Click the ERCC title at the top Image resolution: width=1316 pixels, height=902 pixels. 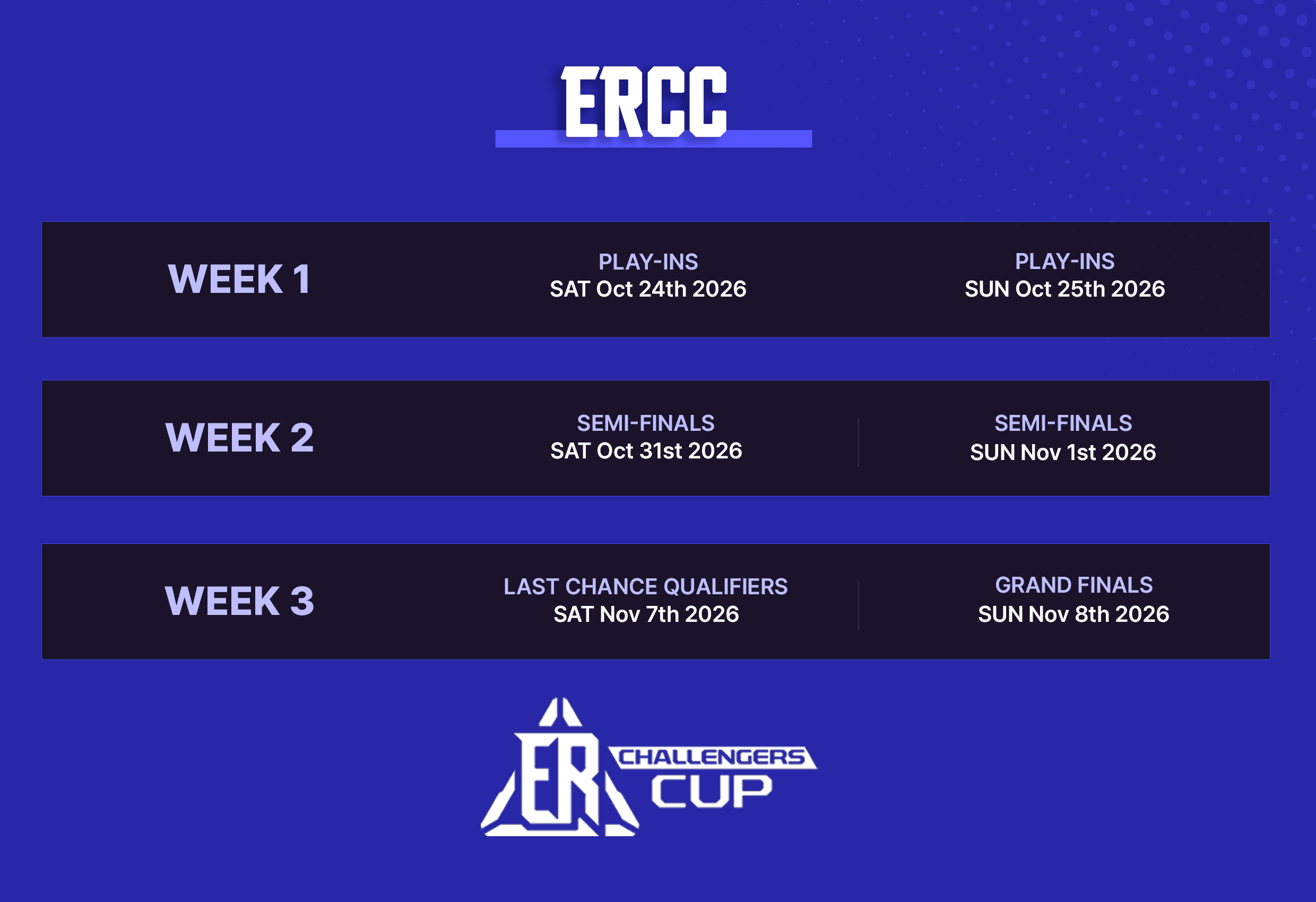[x=644, y=102]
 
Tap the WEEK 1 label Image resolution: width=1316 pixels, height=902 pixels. [x=239, y=279]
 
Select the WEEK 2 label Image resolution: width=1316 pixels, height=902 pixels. [x=239, y=438]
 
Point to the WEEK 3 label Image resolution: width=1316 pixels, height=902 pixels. [x=239, y=601]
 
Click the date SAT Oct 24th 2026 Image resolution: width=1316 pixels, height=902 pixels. [x=648, y=289]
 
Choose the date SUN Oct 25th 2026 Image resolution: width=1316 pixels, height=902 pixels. [x=1064, y=289]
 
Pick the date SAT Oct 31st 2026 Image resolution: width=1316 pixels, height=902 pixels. [x=646, y=450]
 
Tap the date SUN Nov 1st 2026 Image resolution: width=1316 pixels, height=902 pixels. [x=1063, y=453]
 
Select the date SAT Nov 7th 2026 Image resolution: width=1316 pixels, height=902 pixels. [x=646, y=614]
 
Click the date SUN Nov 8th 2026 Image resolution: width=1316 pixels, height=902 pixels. [x=1073, y=614]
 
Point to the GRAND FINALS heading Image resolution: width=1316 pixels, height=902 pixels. [x=1073, y=585]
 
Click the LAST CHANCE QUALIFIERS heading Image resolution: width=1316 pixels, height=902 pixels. [x=646, y=587]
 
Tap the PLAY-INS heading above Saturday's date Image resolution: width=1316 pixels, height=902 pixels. [x=648, y=262]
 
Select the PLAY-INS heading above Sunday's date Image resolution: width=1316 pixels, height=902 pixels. [x=1064, y=262]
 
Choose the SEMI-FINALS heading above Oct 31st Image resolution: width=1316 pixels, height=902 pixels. [x=646, y=423]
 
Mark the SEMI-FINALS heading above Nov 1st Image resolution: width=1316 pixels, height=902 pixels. [x=1063, y=423]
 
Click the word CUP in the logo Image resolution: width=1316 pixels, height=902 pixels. [x=711, y=791]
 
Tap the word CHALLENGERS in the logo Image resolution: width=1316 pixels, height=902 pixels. [x=712, y=757]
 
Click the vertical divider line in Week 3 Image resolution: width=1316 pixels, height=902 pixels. [x=858, y=605]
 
